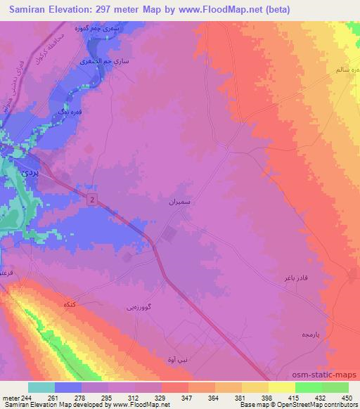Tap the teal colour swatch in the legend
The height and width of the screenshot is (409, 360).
[x=41, y=387]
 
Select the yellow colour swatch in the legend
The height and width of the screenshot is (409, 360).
[x=281, y=387]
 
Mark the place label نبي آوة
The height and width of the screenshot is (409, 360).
[x=179, y=359]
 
